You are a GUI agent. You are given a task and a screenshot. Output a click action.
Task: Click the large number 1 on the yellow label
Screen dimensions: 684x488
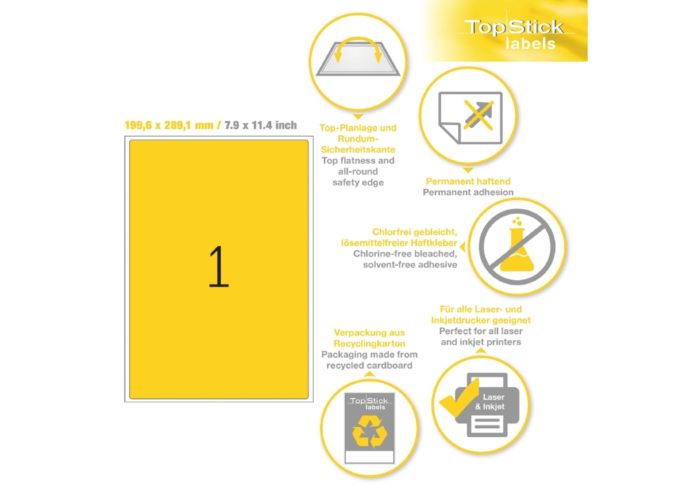[x=219, y=267]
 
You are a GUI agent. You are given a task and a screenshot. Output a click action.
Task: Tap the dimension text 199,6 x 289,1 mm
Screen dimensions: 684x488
[x=169, y=126]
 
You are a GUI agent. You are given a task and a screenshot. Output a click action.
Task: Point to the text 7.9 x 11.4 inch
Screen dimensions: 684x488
[x=260, y=126]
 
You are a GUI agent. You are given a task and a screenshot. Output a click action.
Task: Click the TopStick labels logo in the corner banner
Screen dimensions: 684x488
[x=515, y=34]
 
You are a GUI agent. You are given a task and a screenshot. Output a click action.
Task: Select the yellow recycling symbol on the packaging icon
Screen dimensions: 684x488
[x=370, y=432]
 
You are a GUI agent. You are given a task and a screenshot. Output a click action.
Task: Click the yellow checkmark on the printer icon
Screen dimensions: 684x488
[x=459, y=397]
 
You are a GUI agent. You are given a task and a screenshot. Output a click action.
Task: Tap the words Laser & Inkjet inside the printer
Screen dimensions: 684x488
[x=490, y=402]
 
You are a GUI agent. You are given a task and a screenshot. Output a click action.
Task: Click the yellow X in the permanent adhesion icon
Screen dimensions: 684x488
[x=478, y=115]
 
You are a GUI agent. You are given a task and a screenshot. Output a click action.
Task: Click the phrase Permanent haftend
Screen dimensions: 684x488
[x=468, y=181]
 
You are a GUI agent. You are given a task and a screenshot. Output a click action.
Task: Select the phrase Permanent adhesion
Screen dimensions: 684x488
[x=468, y=192]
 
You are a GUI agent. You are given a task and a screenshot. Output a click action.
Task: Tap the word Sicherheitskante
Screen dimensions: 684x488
[x=358, y=149]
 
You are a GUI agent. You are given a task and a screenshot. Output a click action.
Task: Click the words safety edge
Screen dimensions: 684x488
[x=358, y=183]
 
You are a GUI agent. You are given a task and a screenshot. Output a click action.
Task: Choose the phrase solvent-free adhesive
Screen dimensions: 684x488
[x=410, y=265]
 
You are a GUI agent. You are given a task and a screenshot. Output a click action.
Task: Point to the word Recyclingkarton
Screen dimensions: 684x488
[x=370, y=344]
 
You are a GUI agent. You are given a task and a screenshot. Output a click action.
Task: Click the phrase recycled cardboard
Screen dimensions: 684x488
[x=370, y=365]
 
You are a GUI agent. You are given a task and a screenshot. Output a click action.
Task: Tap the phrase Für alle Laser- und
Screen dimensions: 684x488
[x=481, y=309]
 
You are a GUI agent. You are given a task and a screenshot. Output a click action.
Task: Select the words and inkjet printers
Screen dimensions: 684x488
[x=481, y=342]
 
